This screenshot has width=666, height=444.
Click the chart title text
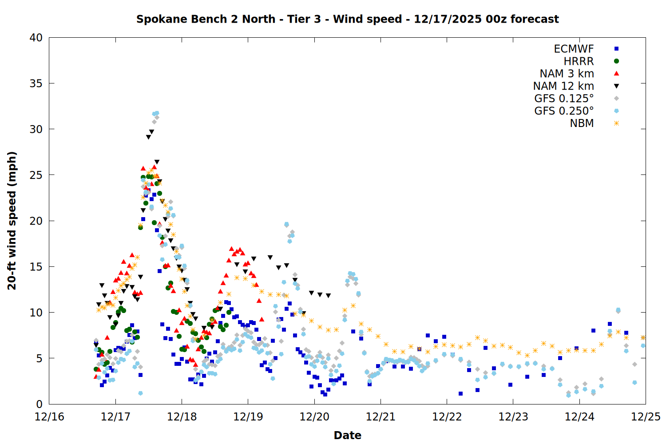[347, 19]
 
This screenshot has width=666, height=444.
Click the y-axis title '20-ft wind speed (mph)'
[12, 221]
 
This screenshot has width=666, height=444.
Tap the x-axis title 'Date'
[347, 435]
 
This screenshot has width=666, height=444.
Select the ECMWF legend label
[574, 49]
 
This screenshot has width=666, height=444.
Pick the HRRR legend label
[579, 61]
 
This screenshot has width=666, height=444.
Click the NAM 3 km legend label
[567, 74]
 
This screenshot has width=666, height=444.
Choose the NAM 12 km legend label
[563, 86]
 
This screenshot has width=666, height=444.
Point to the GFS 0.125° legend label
[564, 99]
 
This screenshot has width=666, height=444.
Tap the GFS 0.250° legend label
[564, 111]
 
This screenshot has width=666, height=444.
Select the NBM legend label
[582, 123]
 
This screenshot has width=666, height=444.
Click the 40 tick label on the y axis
[36, 38]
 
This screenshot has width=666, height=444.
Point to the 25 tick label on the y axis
[36, 175]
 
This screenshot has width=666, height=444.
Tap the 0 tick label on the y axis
[39, 404]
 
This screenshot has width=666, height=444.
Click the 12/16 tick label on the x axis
[49, 417]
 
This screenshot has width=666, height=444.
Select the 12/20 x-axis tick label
[314, 417]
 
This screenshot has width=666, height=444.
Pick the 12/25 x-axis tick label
[646, 417]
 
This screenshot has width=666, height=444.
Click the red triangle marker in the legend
[616, 74]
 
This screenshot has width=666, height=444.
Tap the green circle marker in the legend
[616, 61]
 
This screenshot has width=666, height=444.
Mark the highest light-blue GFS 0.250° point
[157, 113]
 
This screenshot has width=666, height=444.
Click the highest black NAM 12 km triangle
[151, 132]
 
